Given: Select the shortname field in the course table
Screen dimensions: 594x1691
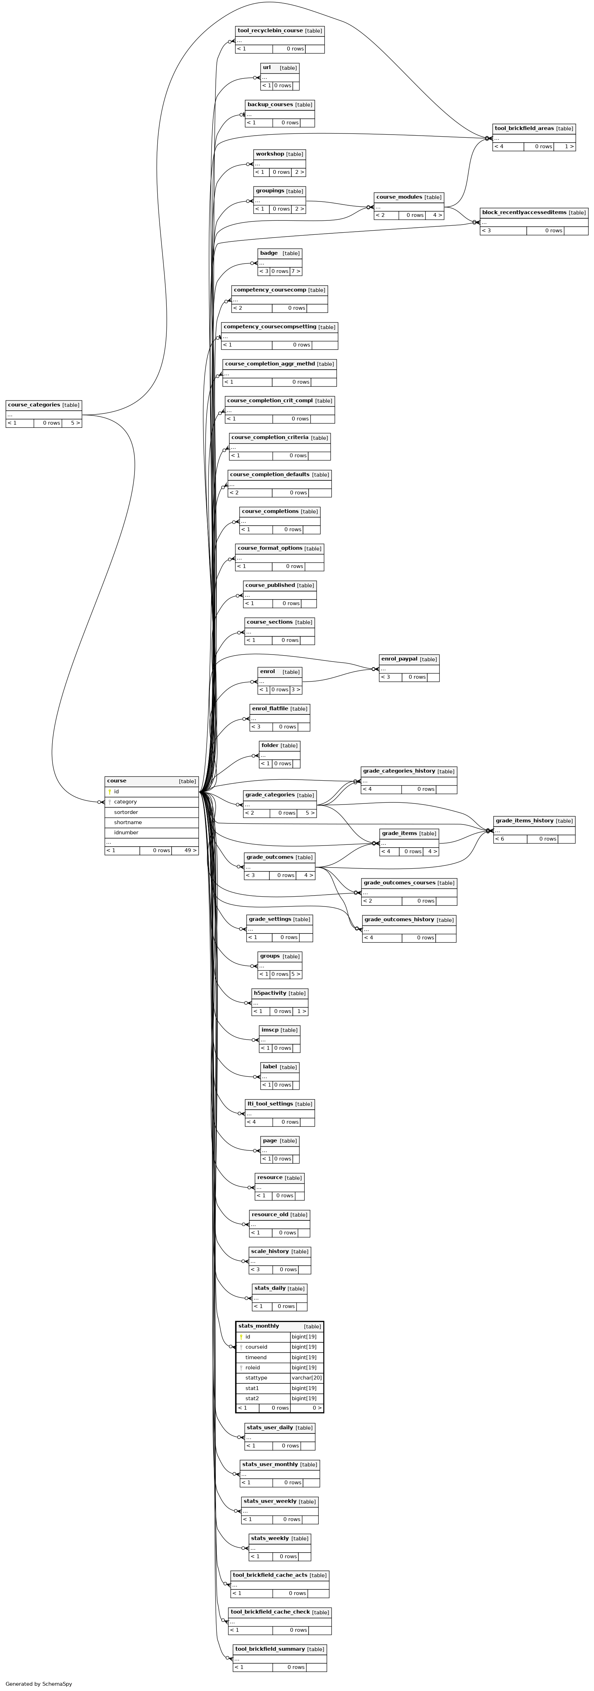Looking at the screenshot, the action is click(128, 822).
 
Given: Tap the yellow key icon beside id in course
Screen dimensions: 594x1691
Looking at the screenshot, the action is click(110, 792).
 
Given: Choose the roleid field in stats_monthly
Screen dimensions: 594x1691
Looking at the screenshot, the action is click(253, 1367).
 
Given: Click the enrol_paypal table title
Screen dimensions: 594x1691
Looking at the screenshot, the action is click(399, 658).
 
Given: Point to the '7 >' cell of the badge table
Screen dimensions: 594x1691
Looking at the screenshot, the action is click(296, 271).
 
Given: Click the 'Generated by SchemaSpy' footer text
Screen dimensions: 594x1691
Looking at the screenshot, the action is click(39, 1684).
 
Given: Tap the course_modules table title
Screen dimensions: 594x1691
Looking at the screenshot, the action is click(399, 197).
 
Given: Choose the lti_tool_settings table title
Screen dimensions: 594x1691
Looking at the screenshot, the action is click(270, 1103).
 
